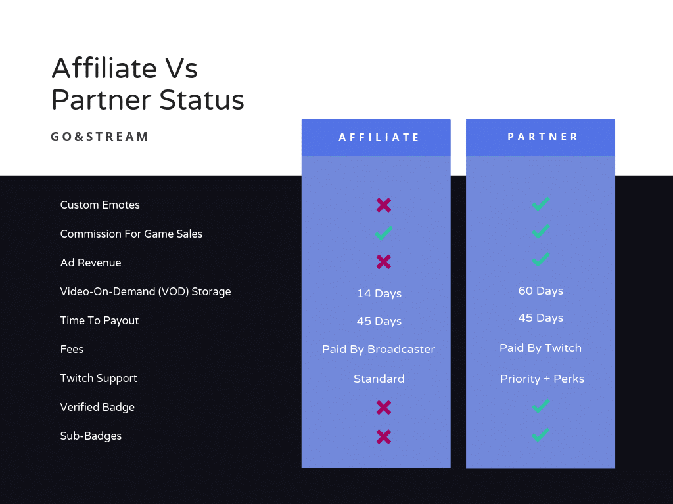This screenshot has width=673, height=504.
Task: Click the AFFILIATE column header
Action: coord(379,137)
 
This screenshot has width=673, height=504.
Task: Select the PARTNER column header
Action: coord(542,136)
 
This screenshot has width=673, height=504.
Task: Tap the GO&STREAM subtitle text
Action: coord(100,136)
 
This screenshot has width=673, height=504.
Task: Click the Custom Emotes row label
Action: coord(100,205)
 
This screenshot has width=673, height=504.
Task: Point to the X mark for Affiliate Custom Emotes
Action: coord(384,205)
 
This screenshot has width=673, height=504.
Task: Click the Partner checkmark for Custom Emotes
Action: coord(541,204)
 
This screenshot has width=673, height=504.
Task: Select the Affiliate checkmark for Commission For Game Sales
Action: coord(384,233)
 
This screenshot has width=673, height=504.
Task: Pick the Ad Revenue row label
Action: coord(91,262)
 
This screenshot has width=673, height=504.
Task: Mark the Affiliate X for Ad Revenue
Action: coord(384,262)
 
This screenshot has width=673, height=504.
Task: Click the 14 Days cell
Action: coord(379,293)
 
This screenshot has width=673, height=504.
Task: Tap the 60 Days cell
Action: coord(540,291)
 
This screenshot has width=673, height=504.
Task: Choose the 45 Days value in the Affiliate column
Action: coord(379,321)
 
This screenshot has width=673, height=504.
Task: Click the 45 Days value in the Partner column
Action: coord(540,318)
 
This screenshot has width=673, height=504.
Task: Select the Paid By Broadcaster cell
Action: coord(379,349)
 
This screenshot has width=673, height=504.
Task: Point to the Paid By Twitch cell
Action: coord(540,348)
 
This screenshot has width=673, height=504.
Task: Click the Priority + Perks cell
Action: coord(542,379)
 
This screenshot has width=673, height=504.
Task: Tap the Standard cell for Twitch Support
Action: coord(379,379)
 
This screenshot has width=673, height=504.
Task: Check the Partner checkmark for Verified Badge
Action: coord(541,406)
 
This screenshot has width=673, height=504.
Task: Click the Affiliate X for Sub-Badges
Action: coord(384,436)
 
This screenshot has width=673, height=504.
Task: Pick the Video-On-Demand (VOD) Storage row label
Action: coord(145,291)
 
